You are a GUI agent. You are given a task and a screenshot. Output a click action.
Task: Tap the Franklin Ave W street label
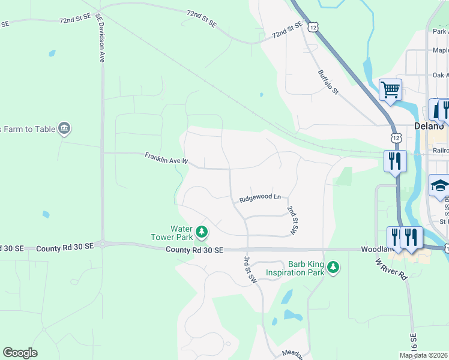click(166, 159)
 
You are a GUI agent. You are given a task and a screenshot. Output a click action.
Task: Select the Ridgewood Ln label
click(260, 197)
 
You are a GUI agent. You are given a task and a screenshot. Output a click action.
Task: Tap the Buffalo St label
click(328, 82)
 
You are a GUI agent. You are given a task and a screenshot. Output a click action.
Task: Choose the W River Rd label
click(391, 269)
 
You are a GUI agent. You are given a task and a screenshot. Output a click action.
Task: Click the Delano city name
click(429, 126)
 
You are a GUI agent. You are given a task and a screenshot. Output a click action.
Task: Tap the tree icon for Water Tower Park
click(203, 231)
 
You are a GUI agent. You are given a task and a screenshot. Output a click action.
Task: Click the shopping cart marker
click(390, 91)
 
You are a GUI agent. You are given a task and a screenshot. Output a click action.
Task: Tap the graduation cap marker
click(439, 185)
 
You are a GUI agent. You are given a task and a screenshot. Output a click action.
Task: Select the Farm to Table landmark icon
click(64, 128)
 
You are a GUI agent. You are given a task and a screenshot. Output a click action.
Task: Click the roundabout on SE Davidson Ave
click(102, 244)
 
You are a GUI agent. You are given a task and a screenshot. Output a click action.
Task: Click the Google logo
click(20, 353)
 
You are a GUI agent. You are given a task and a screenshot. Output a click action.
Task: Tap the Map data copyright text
click(423, 355)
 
